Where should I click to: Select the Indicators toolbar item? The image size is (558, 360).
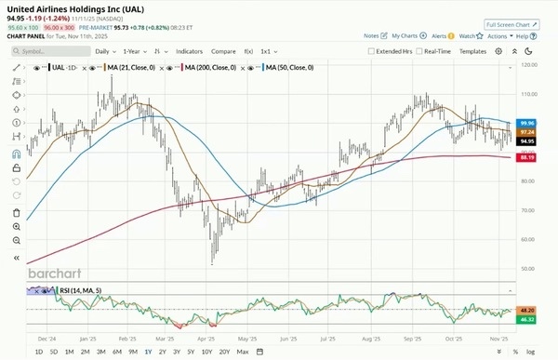click(x=189, y=51)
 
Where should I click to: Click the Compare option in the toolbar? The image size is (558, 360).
click(x=223, y=51)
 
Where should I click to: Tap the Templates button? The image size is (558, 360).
click(x=472, y=51)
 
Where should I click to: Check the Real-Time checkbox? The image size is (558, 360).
click(x=419, y=51)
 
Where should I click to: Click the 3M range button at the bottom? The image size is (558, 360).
click(x=100, y=352)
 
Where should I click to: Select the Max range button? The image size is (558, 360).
click(x=243, y=352)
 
